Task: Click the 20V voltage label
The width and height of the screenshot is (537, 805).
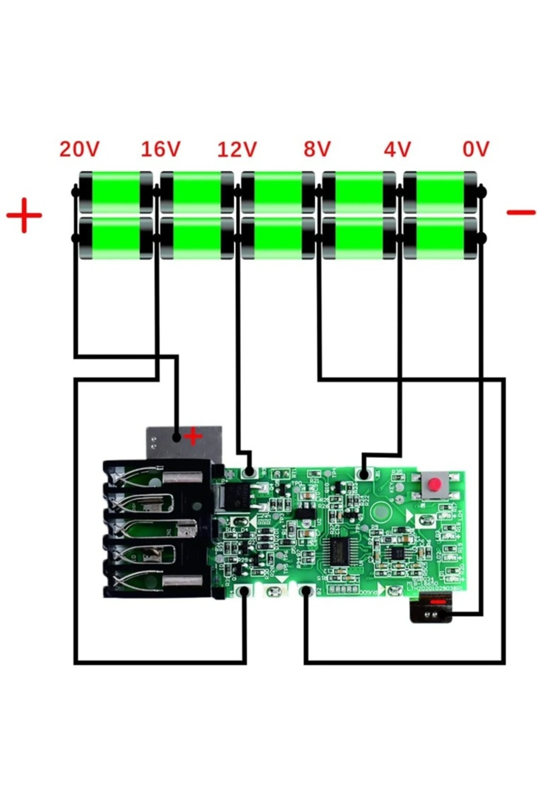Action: (79, 149)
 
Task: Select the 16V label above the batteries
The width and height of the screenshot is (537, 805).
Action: (161, 149)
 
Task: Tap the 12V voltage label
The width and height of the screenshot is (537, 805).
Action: (237, 149)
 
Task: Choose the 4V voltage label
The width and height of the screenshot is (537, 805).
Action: (397, 149)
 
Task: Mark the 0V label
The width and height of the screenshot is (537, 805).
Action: (476, 149)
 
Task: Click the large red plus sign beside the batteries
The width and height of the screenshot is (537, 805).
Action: (24, 215)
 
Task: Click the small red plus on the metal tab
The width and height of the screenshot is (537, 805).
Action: (193, 436)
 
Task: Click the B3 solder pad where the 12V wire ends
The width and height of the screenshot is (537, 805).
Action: (249, 472)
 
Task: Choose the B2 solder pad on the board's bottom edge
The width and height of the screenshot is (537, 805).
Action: (306, 591)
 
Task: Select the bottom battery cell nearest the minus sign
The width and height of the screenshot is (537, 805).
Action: (440, 238)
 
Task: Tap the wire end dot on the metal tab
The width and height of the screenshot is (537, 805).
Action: (177, 436)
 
